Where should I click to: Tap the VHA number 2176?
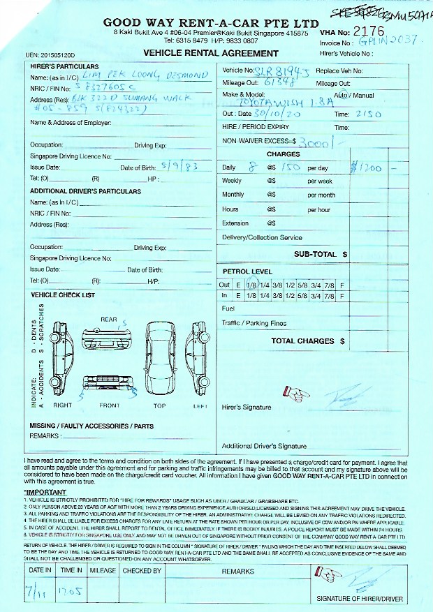point(369,31)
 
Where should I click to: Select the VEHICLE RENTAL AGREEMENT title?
point(210,54)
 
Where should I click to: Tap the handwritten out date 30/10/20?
point(279,114)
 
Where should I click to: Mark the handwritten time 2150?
point(369,114)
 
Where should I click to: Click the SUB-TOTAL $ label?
point(320,255)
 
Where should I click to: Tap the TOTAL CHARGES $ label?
point(307,341)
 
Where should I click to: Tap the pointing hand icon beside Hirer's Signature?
point(295,394)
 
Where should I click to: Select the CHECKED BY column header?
point(142,572)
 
